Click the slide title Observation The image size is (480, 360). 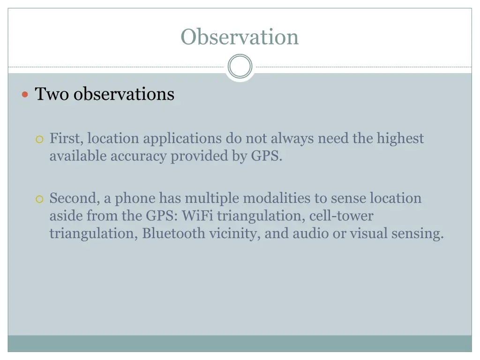[240, 37]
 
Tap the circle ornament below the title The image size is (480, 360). [240, 67]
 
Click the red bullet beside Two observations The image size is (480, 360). [26, 95]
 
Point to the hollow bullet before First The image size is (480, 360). [40, 139]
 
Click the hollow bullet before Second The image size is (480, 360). [40, 199]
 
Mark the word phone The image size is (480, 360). [135, 198]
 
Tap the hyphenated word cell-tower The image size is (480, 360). [341, 216]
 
